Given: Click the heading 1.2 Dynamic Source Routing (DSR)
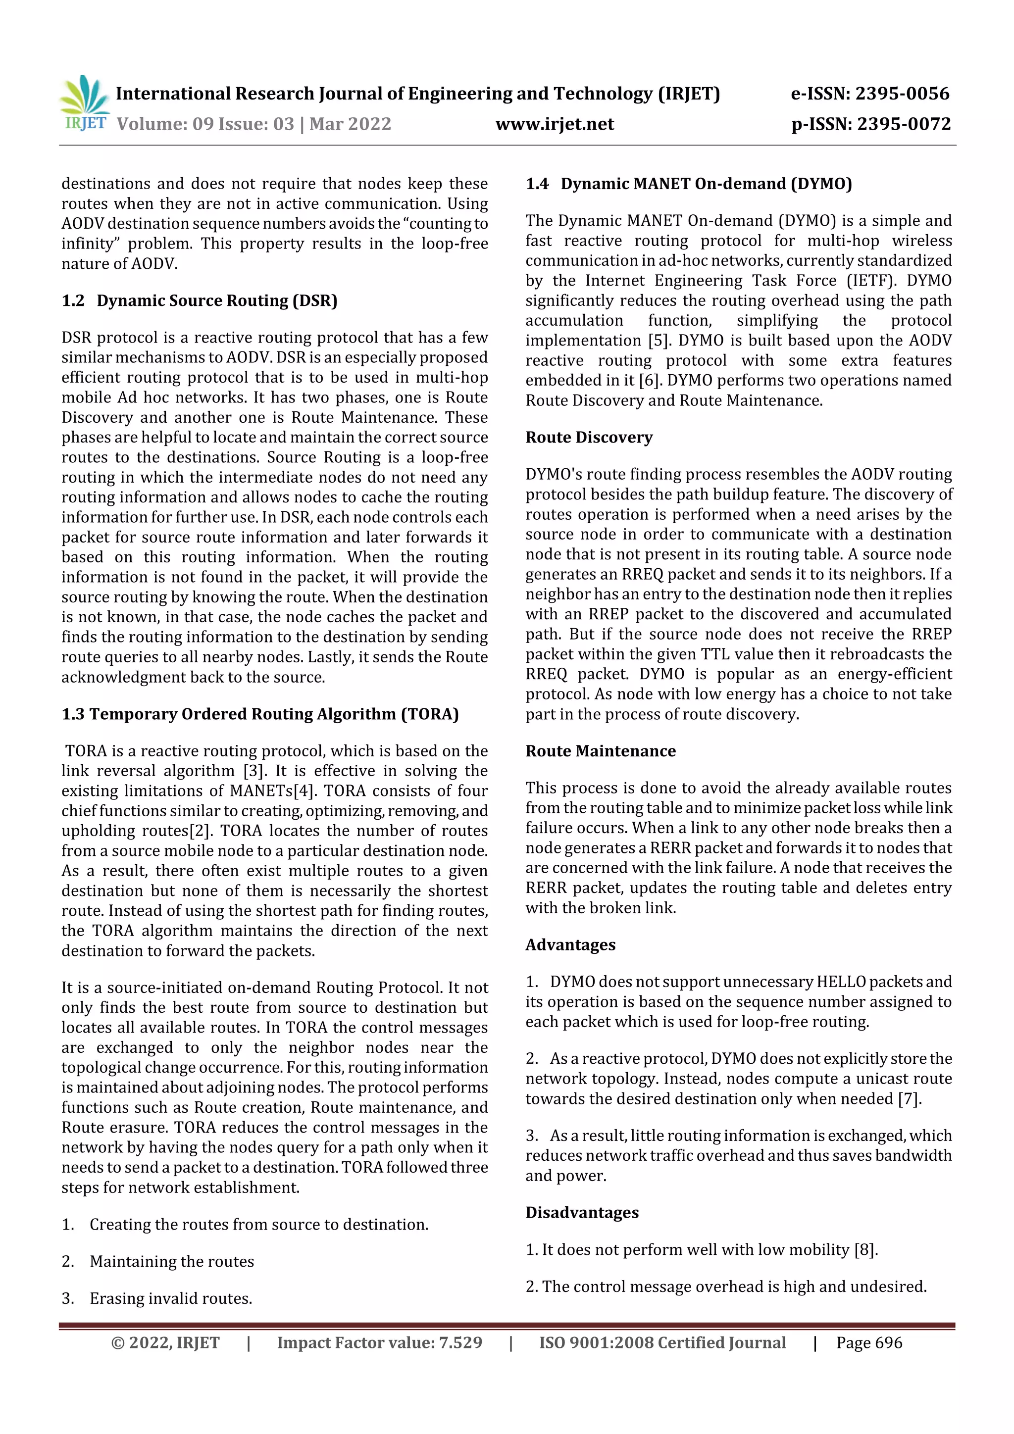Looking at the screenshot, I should tap(200, 300).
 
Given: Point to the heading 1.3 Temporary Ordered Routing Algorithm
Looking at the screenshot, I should tap(260, 714).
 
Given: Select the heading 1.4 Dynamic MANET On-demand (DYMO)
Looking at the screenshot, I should tap(689, 184).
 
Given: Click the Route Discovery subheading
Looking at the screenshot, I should tap(589, 437).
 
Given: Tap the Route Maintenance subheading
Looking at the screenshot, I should tap(601, 751).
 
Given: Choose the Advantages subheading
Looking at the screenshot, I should tap(570, 945).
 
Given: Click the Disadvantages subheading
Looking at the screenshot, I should tap(582, 1212).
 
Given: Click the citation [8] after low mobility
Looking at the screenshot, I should tap(865, 1250).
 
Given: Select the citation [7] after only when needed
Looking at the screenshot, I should tap(909, 1098).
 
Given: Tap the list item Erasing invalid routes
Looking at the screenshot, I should tap(170, 1298).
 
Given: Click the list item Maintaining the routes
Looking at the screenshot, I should tap(172, 1262).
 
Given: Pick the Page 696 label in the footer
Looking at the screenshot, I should tap(869, 1343).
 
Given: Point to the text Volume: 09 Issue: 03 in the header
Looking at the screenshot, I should tap(205, 124).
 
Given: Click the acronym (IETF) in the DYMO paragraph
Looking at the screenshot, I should tap(873, 281).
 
